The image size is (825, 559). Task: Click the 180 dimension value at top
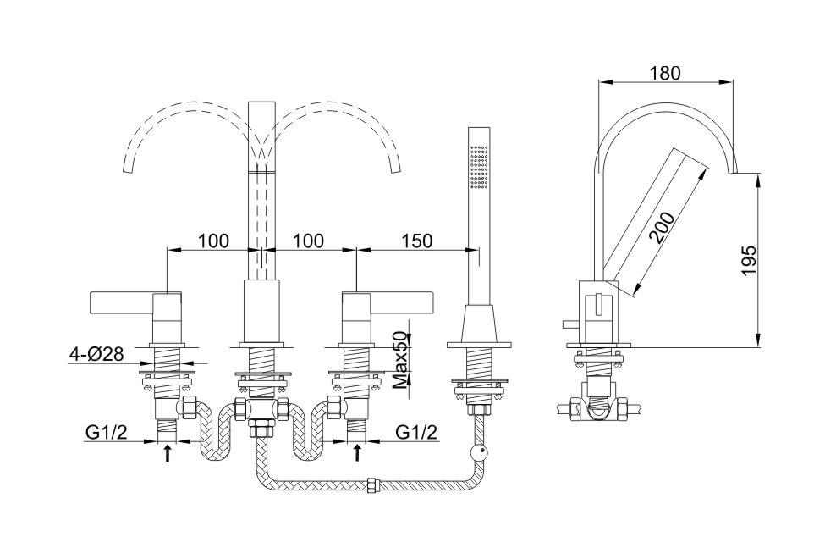(665, 73)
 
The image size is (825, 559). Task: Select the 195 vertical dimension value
(748, 260)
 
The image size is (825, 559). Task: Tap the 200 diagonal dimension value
(662, 227)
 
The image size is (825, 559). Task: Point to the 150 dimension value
(417, 241)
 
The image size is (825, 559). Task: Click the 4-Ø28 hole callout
(96, 354)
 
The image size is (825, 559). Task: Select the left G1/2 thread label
(107, 433)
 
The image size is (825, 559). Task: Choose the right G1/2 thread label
(416, 433)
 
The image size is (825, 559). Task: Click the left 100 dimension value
(213, 241)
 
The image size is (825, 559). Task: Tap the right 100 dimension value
(308, 241)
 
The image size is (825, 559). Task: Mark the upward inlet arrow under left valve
(168, 452)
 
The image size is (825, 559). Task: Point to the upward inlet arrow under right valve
(358, 452)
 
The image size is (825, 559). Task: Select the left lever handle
(122, 304)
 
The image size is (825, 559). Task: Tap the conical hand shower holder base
(479, 324)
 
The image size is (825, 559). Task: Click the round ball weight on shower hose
(480, 451)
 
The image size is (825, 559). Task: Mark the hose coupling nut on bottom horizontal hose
(373, 484)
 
